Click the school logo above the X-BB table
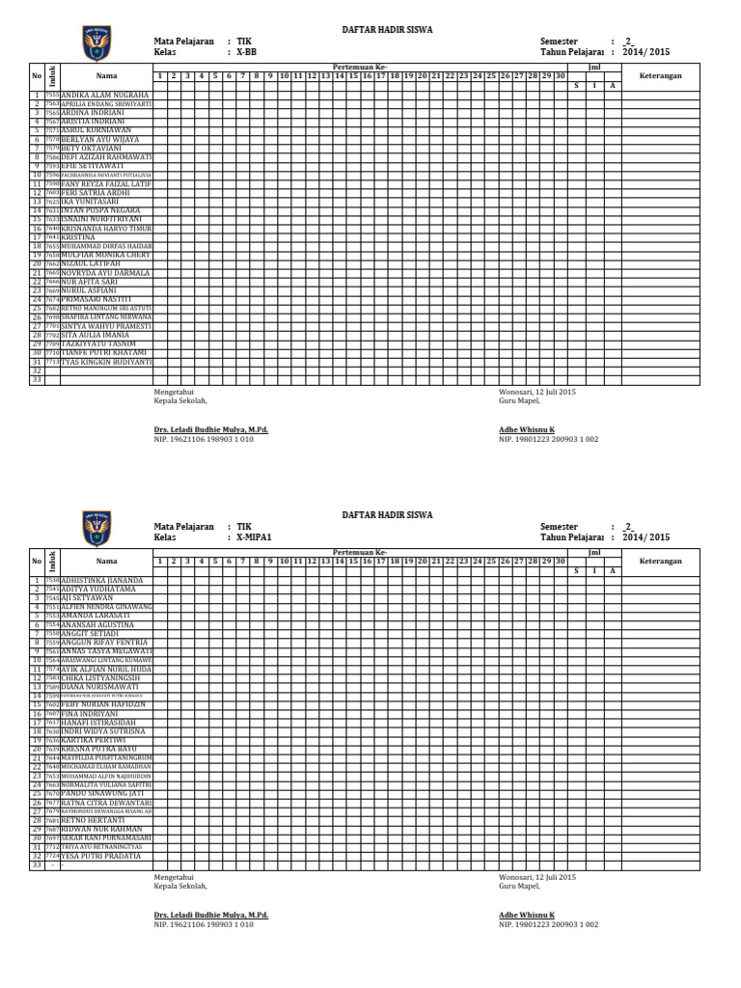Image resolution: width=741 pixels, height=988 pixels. pos(96,42)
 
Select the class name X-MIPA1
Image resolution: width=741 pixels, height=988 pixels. pos(255,537)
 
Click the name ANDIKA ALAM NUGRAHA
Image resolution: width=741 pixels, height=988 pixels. pos(104,96)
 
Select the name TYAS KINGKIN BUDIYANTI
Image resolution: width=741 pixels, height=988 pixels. pos(106,362)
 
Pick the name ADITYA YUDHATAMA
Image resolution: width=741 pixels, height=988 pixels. pos(98,589)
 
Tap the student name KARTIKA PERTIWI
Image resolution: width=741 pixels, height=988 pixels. pos(93,740)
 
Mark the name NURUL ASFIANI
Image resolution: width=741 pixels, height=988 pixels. pos(89,290)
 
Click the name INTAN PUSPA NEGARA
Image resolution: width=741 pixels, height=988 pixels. pos(100,209)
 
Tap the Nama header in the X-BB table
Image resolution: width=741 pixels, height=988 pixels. pos(106,74)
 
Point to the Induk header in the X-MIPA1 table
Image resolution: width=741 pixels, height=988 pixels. pos(53,561)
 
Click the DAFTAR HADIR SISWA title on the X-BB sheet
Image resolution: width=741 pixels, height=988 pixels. pos(388,30)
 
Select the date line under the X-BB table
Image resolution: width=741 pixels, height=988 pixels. pos(536,393)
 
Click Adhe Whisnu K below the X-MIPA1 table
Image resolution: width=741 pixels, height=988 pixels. pos(526,915)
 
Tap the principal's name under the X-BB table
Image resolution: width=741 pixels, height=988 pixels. pos(211,428)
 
